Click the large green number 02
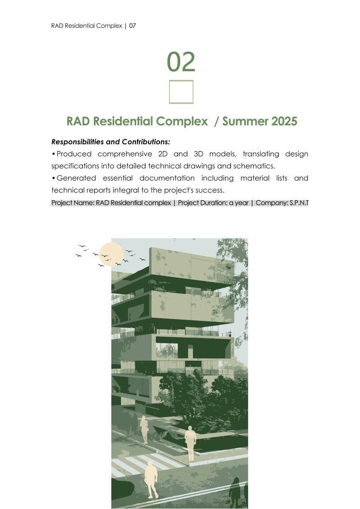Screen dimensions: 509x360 [x=181, y=62]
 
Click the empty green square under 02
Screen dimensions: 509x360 [x=181, y=92]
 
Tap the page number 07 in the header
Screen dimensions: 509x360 [x=132, y=26]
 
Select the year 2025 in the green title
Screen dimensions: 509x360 [x=284, y=121]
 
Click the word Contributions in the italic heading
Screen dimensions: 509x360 [x=146, y=142]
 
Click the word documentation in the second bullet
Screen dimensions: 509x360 [x=167, y=178]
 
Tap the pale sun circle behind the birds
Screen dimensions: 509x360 [x=111, y=254]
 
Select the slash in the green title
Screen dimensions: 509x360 [x=216, y=121]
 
